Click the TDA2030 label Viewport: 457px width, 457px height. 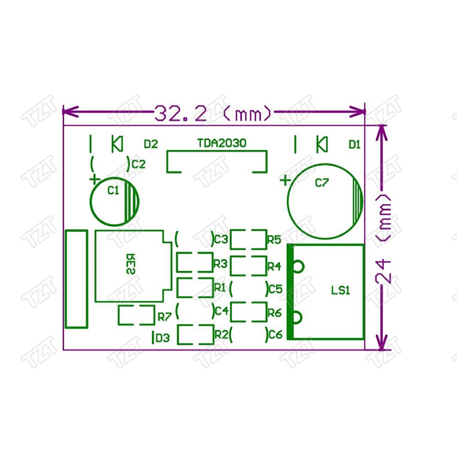[x=222, y=143]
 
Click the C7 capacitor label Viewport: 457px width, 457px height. [x=322, y=183]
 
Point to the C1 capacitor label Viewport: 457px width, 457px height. [x=113, y=190]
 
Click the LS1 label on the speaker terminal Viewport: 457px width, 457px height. [x=341, y=290]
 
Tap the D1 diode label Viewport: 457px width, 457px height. [x=354, y=145]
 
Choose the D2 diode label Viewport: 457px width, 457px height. [x=151, y=144]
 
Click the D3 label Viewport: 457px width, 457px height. [x=162, y=338]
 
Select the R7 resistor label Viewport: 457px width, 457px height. [x=164, y=317]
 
